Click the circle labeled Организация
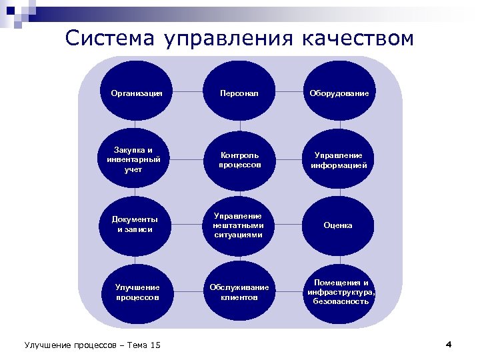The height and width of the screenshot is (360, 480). coord(137,93)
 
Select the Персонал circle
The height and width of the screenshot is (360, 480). coord(239,93)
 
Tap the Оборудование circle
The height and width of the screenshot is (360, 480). coord(339,93)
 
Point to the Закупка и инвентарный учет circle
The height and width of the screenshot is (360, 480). coord(137,159)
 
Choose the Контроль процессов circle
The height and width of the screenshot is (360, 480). coord(239,159)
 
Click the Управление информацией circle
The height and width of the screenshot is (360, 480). coord(339,159)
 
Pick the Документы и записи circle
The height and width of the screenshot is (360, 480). coord(137,225)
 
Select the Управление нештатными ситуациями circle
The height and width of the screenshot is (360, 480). coord(239,225)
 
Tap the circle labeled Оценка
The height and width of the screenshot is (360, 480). coord(339,225)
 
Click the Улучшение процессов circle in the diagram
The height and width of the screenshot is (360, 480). coord(137,292)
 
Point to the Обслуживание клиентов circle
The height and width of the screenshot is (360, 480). coord(239,292)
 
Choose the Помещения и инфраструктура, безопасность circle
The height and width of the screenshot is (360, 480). coord(339,292)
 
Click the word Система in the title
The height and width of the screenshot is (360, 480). coord(109,38)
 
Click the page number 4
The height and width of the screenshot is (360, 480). coord(449,344)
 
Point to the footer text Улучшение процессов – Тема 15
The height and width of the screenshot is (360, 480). coord(93,345)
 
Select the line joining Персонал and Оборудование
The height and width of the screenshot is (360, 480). coord(289,93)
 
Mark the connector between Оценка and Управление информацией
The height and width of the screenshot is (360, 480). coord(339,192)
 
